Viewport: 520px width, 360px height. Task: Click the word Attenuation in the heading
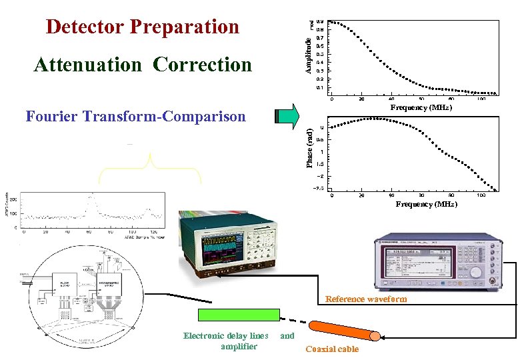[87, 65]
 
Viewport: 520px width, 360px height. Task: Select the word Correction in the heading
[202, 65]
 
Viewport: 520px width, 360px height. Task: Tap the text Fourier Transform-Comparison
[135, 117]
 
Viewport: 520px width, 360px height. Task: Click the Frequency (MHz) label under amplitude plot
[421, 107]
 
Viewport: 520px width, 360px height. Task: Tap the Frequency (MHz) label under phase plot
[426, 204]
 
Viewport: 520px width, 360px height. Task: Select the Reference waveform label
[365, 299]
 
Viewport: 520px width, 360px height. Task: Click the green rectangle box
[238, 315]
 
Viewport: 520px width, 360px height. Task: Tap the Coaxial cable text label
[331, 349]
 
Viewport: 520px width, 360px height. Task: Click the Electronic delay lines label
[226, 336]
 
